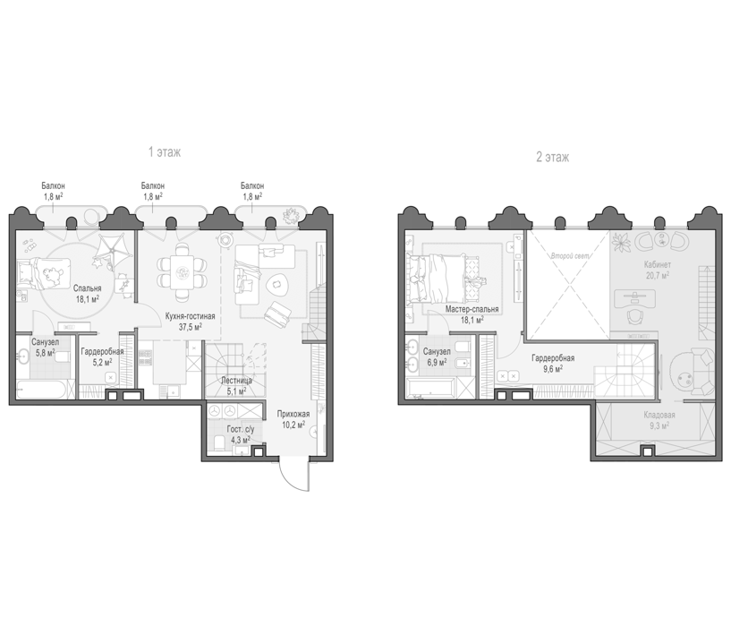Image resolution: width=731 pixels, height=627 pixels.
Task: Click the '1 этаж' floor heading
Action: [x=165, y=152]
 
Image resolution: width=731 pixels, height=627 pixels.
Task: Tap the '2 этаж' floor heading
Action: [x=552, y=158]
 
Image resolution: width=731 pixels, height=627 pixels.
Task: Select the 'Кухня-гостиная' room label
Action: [x=191, y=316]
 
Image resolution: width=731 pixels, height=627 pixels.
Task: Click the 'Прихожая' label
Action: [x=293, y=414]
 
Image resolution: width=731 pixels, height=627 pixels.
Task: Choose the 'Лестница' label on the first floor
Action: [x=236, y=381]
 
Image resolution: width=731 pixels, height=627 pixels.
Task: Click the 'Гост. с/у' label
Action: [x=241, y=429]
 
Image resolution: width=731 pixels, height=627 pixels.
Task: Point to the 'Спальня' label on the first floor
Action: [x=87, y=288]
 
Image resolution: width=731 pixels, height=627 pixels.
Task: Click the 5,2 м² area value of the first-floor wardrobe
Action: [x=101, y=362]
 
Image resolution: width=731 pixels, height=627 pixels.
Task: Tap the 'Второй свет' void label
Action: [x=569, y=256]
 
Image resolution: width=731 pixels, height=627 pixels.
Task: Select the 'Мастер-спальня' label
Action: [x=472, y=309]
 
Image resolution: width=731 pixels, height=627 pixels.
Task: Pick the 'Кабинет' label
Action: [x=658, y=265]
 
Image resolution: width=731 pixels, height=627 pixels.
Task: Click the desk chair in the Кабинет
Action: [x=634, y=316]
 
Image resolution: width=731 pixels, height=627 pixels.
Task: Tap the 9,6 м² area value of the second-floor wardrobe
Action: [x=553, y=368]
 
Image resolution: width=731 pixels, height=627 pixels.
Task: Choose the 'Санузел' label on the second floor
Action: [x=437, y=351]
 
